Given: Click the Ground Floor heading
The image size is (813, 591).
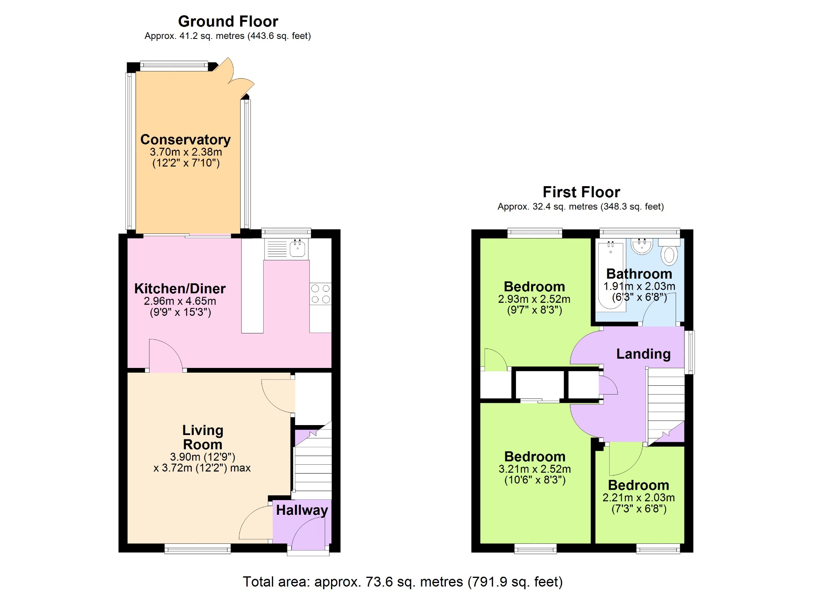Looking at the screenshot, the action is (x=228, y=21).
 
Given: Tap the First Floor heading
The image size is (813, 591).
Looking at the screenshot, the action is (x=581, y=192).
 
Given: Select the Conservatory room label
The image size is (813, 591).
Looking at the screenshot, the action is (x=185, y=140).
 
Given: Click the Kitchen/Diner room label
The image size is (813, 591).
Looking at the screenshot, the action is (x=180, y=289).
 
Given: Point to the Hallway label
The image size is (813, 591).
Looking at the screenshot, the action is (x=302, y=510).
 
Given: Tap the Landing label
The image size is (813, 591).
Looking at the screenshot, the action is (x=643, y=354).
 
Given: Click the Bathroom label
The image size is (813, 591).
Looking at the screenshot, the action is (x=639, y=274).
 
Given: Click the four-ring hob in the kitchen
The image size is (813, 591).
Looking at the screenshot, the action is (x=320, y=294).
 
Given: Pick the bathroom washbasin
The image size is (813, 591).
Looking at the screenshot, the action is (x=642, y=246).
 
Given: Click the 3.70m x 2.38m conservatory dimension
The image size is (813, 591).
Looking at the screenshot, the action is (x=186, y=152).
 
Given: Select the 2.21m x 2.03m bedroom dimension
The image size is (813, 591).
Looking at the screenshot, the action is (x=639, y=498).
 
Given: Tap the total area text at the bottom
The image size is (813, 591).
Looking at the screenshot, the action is (x=403, y=582).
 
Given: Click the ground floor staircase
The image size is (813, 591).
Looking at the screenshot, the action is (x=312, y=460).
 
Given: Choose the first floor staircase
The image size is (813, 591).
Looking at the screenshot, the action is (x=666, y=406).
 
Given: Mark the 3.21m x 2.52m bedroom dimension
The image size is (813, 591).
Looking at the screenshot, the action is (x=535, y=469).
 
